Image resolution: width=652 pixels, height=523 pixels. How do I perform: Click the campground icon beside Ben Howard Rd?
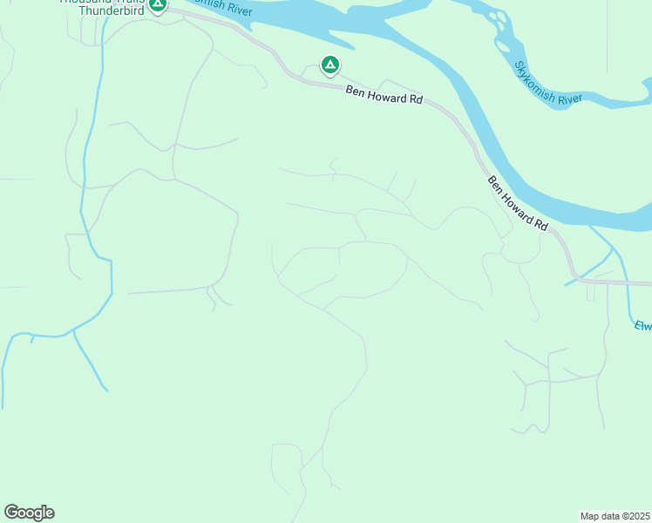point(329,65)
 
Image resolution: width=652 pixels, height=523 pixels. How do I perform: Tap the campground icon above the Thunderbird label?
point(157,5)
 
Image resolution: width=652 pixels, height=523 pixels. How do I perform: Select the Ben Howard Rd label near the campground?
point(384,95)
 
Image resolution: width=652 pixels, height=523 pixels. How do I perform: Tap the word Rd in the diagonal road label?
point(541,225)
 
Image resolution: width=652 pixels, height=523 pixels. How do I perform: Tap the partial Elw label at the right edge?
point(642,325)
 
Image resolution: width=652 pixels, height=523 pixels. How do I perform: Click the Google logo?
point(29,513)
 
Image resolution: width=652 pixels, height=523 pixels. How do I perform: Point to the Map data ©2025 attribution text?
point(615,516)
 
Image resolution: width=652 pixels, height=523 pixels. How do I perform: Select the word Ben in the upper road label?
point(355,91)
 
